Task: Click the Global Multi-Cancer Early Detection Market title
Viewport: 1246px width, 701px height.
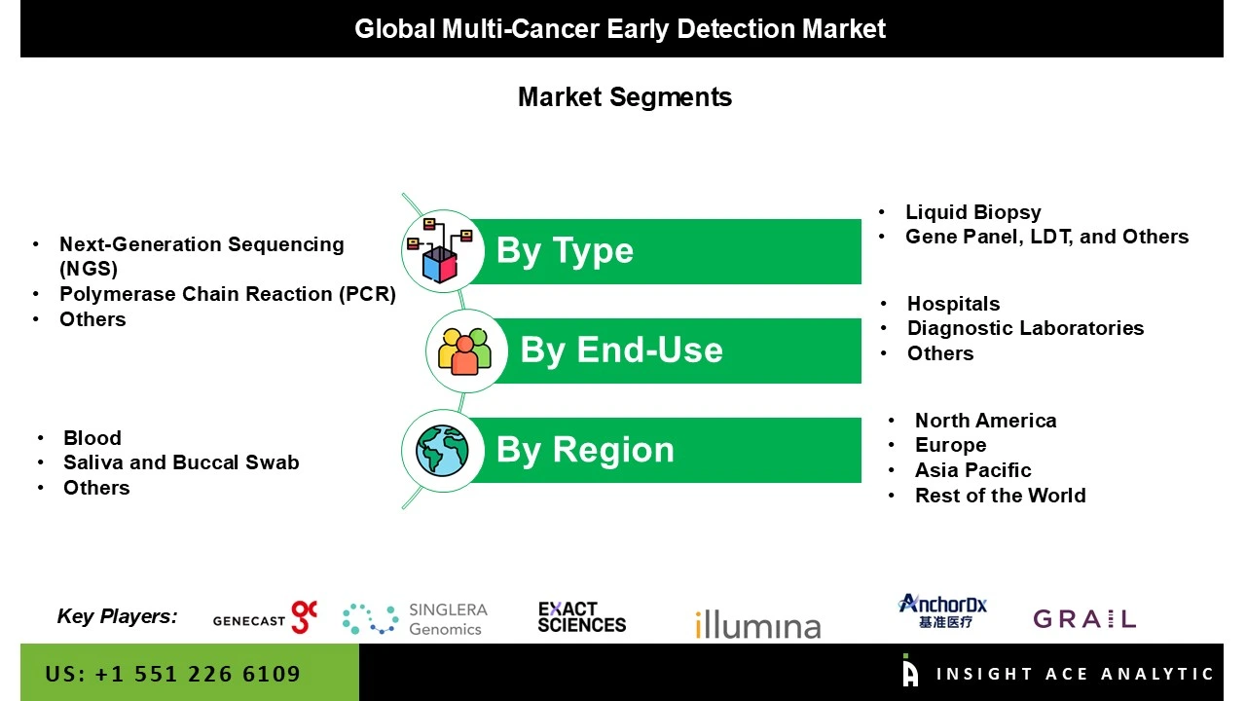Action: point(620,29)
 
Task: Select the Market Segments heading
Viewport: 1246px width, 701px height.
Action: point(624,97)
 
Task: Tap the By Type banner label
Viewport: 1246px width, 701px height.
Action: point(565,251)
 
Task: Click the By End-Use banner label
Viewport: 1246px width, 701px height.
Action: point(621,350)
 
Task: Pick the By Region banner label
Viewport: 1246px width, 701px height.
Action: point(584,450)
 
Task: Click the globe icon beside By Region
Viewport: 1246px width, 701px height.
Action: point(443,450)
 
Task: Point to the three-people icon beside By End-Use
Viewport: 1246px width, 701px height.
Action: point(465,350)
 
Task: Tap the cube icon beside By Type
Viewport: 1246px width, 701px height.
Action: point(440,251)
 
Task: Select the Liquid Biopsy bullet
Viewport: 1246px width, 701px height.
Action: point(972,212)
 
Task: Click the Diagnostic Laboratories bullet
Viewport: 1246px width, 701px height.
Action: point(1025,328)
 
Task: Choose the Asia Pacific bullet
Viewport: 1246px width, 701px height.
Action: point(972,470)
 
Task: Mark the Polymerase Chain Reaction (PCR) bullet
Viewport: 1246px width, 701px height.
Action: point(227,294)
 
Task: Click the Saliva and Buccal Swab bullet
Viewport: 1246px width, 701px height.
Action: point(181,462)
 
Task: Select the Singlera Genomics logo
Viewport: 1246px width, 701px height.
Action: point(415,619)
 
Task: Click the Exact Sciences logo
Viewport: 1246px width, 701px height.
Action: point(581,617)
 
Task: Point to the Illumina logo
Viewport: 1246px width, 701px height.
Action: point(757,624)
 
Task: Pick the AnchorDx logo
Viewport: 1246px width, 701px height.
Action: point(942,611)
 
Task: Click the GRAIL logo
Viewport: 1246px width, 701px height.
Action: point(1083,619)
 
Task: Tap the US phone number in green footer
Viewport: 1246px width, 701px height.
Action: point(172,674)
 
